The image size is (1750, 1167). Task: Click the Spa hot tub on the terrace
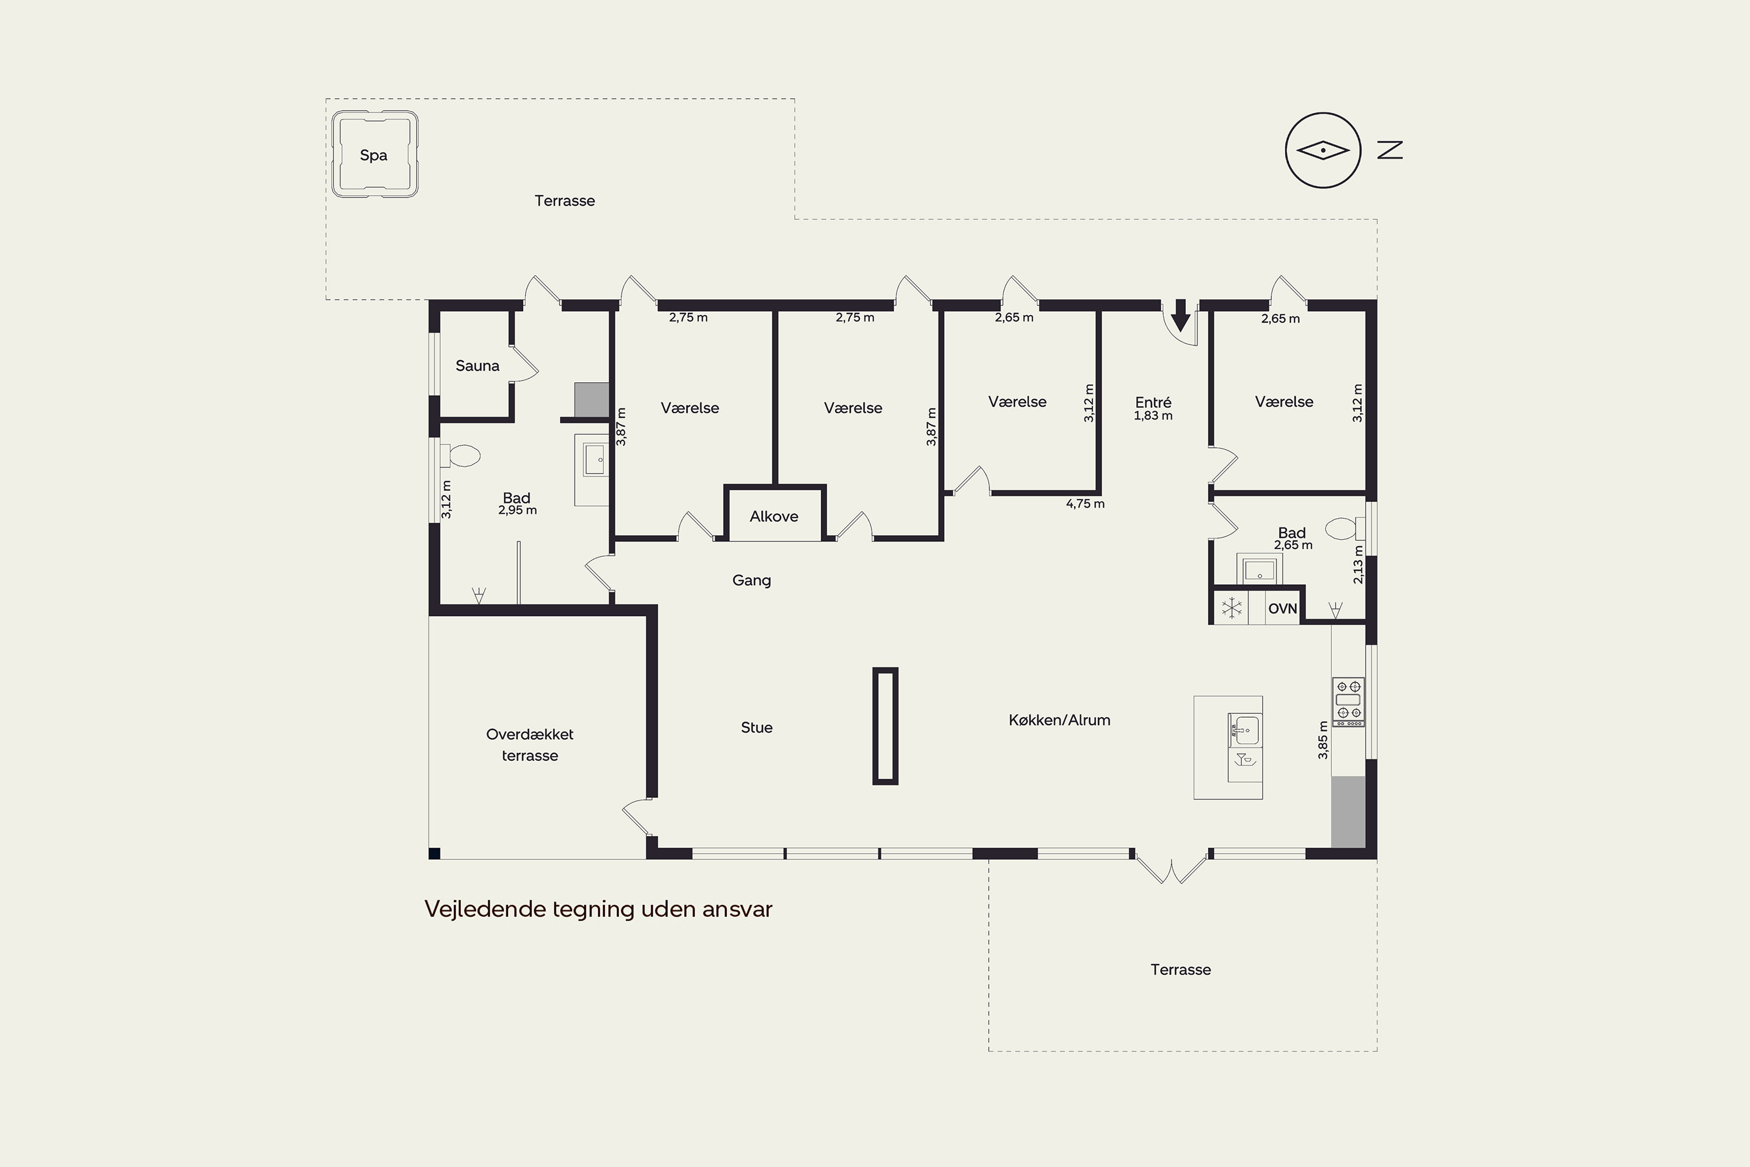(x=374, y=154)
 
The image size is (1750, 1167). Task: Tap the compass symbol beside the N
(x=1323, y=151)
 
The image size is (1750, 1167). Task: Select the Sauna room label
(x=477, y=365)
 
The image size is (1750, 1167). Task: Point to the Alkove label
(x=774, y=516)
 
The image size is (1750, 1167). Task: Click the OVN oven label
(x=1283, y=609)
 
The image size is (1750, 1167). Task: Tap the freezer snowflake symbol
(x=1232, y=608)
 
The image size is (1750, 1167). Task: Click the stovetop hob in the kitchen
(x=1348, y=702)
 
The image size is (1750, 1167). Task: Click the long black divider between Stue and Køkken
(x=885, y=726)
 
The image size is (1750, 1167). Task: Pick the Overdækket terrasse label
(x=530, y=745)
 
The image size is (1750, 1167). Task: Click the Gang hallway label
(x=751, y=581)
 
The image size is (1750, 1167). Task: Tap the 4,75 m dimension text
(x=1085, y=504)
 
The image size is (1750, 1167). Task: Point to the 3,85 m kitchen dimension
(x=1323, y=740)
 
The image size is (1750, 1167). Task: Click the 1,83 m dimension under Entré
(x=1153, y=416)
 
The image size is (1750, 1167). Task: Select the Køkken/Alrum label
(x=1059, y=719)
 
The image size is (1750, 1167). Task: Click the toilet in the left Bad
(x=461, y=456)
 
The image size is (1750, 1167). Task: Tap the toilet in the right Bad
(x=1345, y=529)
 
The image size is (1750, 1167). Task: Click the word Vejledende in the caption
(x=485, y=909)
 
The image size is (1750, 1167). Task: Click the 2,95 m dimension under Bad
(x=517, y=511)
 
